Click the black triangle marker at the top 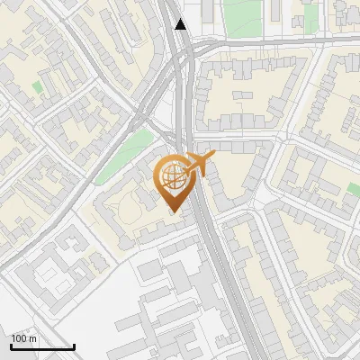click(181, 24)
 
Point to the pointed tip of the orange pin click(172, 212)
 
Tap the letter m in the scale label click(33, 339)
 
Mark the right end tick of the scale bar click(74, 346)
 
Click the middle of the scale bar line click(42, 347)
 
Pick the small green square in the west click(37, 87)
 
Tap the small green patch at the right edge click(354, 190)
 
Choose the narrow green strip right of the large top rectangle click(310, 15)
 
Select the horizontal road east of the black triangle click(270, 43)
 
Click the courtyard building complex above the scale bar click(58, 278)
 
